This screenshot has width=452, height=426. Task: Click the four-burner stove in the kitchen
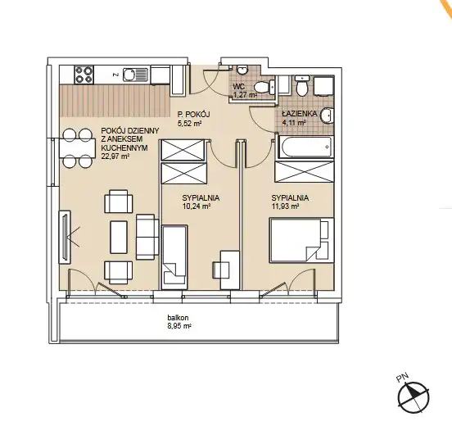84,75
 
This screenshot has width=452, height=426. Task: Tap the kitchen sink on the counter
135,75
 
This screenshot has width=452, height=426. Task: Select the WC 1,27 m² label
245,90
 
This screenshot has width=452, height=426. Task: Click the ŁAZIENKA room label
299,114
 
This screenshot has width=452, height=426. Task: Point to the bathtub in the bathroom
305,147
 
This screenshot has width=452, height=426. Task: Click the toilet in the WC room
265,87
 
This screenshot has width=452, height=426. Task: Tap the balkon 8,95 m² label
179,322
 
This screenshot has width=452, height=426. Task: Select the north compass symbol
414,397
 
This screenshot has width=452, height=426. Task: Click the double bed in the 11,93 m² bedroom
301,240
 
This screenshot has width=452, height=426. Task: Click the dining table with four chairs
77,148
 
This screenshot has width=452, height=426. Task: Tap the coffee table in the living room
119,237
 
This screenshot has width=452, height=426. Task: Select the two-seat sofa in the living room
147,237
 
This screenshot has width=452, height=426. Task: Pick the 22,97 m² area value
115,156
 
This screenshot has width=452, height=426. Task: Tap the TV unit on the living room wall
65,237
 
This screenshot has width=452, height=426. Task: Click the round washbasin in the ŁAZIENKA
327,116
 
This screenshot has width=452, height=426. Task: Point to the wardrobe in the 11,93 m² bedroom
305,172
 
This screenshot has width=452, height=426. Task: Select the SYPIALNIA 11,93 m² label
290,202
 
